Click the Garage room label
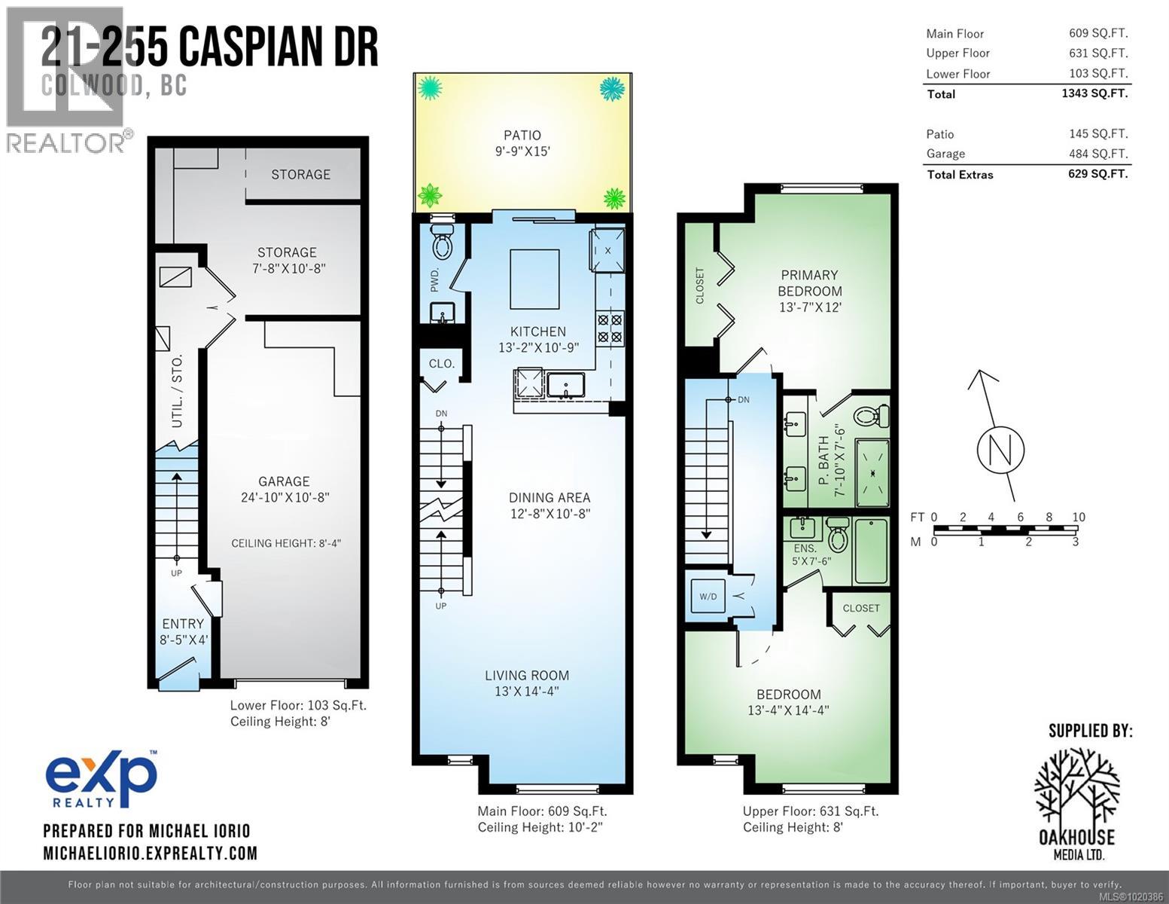(x=284, y=481)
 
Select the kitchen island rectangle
(x=534, y=279)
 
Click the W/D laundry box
(x=708, y=596)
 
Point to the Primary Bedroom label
(x=810, y=283)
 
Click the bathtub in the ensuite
(x=871, y=551)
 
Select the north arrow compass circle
(x=1000, y=450)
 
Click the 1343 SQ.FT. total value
(x=1098, y=93)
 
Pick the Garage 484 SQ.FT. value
(x=1098, y=154)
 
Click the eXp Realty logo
(x=102, y=778)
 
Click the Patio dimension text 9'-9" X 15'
(x=522, y=151)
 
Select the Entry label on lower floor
(x=183, y=624)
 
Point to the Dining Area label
(x=549, y=497)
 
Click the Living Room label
(x=527, y=675)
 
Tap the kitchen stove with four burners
(x=610, y=328)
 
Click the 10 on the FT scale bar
(x=1078, y=517)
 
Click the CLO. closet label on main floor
(x=441, y=363)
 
